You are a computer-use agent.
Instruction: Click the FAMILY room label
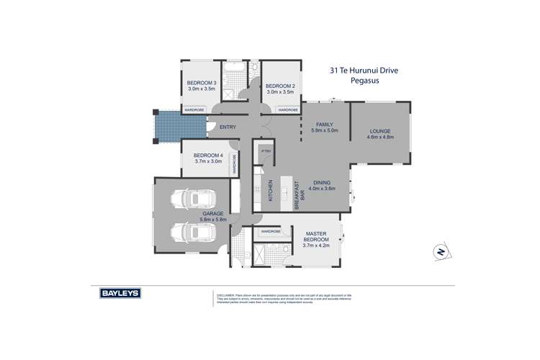[315, 125]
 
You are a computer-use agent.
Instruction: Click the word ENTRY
[228, 127]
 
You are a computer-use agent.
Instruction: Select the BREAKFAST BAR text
[300, 195]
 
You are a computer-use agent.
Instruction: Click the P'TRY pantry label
[265, 151]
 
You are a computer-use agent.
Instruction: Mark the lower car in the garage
[189, 232]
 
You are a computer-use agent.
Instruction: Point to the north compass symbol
[440, 251]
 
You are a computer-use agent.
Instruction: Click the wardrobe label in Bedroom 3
[195, 110]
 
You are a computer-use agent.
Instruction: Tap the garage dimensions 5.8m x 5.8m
[212, 220]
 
